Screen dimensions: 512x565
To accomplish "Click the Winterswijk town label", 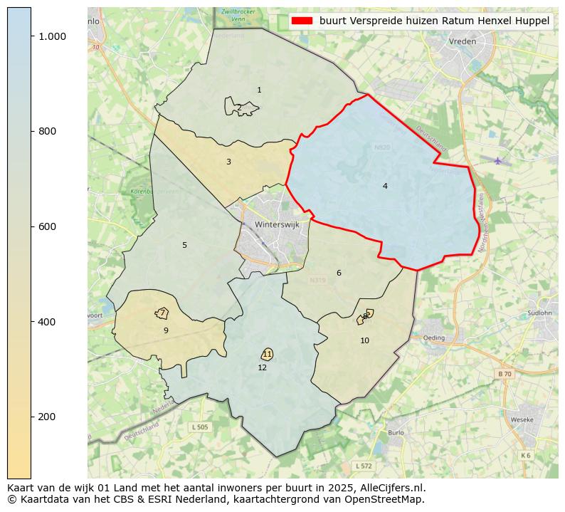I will tap(277, 224).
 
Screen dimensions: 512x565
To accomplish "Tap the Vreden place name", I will tap(462, 42).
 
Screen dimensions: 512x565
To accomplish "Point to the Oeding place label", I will tap(433, 338).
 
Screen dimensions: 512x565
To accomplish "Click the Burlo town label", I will tap(396, 432).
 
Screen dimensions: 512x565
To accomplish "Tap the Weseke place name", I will tap(522, 420).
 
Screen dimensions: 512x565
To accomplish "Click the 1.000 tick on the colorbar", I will tap(52, 36).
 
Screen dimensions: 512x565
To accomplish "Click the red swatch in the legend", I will tap(301, 21).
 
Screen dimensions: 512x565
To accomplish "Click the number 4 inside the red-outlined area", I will tap(385, 187).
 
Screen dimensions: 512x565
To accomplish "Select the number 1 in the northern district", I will tap(259, 90).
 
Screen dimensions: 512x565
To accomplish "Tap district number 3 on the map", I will tap(228, 162).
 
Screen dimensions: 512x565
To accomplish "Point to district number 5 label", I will tap(184, 246).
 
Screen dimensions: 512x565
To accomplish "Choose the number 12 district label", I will tap(263, 368).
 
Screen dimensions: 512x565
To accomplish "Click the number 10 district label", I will tap(364, 341).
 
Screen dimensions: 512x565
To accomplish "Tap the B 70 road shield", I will tap(504, 374).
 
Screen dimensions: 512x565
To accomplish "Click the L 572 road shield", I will tap(363, 466).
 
